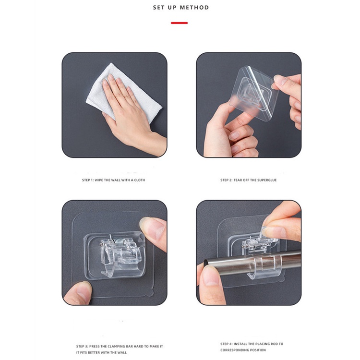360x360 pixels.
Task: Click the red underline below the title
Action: tap(180, 23)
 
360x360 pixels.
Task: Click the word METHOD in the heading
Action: tap(194, 8)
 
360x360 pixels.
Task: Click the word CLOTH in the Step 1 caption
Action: tap(139, 180)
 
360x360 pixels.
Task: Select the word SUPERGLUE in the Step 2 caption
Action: tap(267, 180)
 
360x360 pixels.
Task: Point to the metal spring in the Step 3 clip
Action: tap(117, 242)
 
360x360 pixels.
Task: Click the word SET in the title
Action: tap(158, 8)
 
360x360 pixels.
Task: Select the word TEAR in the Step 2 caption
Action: tap(238, 180)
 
